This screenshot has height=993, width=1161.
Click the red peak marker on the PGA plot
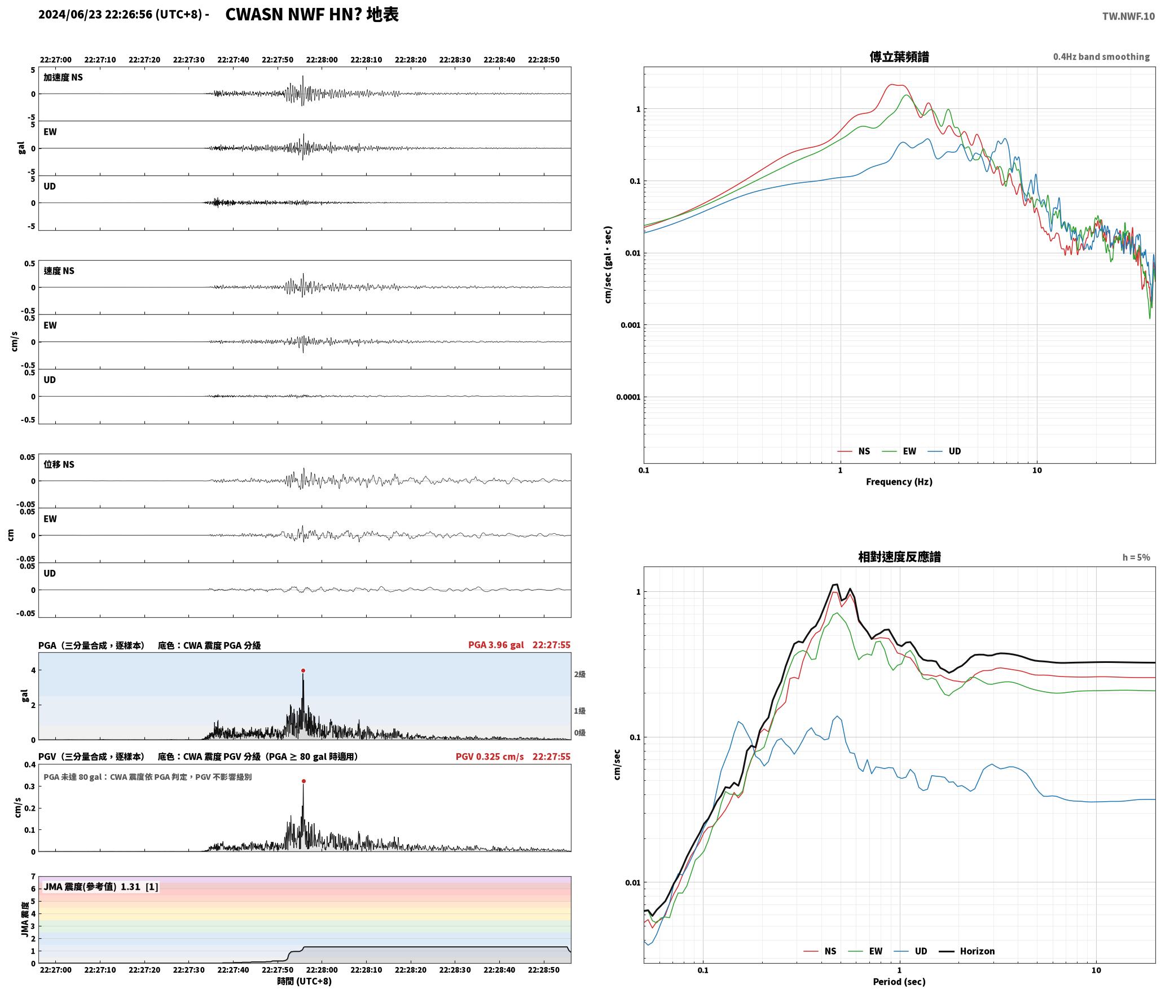tap(303, 671)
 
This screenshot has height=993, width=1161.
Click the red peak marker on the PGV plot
tap(304, 781)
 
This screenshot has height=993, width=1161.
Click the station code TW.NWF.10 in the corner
tap(1128, 16)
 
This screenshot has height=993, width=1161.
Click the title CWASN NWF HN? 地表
tap(312, 15)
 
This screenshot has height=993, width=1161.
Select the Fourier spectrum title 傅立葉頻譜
tap(899, 57)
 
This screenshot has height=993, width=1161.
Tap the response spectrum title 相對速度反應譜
tap(899, 557)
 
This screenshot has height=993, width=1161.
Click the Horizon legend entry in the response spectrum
tap(967, 951)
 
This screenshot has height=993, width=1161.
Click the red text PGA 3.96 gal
tap(496, 645)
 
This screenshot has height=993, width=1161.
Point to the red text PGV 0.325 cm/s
tap(490, 757)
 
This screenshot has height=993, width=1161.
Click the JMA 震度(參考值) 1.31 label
tap(101, 886)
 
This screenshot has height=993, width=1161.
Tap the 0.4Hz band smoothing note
tap(1101, 57)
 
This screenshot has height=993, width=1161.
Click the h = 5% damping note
tap(1136, 557)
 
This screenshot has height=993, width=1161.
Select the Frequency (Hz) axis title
tap(899, 482)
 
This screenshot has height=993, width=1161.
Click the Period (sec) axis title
tap(899, 982)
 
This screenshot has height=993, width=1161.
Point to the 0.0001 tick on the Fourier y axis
tap(628, 397)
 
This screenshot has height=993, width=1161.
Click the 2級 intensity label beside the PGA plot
tap(580, 674)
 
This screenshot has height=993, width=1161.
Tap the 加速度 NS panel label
tap(63, 77)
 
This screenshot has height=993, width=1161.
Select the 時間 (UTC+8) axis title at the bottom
tap(305, 981)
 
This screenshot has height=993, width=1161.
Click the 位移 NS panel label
tap(59, 464)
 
